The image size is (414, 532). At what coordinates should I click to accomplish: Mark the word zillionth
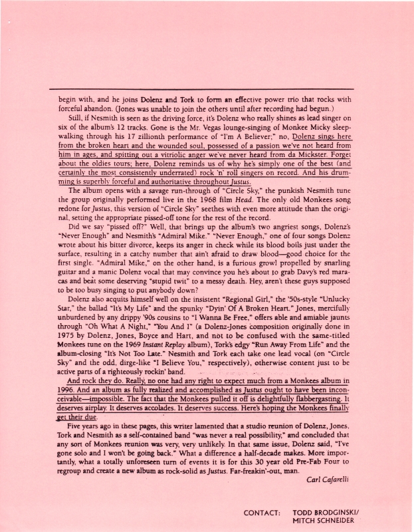click(x=128, y=145)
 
